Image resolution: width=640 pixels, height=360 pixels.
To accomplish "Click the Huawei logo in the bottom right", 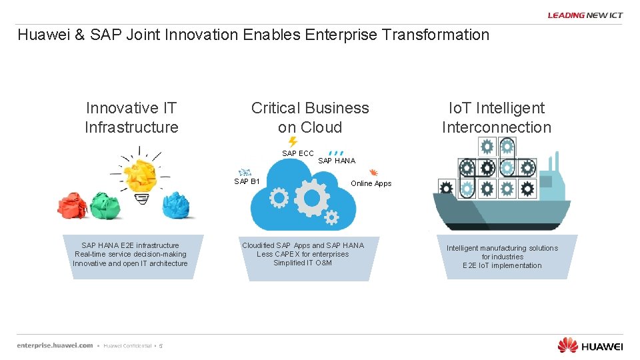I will pos(590,345).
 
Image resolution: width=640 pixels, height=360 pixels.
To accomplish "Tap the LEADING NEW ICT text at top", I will pos(585,15).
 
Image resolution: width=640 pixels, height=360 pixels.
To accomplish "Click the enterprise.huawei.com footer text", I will pos(55,345).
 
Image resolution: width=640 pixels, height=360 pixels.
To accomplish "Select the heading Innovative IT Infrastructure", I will pos(131,117).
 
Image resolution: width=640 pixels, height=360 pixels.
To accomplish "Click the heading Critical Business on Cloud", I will pos(310,117).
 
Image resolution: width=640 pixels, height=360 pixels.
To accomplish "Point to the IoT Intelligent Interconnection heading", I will pos(497,117).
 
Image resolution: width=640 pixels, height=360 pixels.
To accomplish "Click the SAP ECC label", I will pos(297,153).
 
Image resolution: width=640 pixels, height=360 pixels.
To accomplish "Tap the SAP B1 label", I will pos(247,181).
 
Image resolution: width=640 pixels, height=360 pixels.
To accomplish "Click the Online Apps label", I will pos(371,183).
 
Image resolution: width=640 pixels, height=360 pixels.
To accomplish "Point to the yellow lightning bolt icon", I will pos(292,141).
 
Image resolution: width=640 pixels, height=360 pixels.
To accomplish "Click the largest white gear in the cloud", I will pos(311,197).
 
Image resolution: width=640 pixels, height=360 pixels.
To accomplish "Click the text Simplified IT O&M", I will pos(303,263).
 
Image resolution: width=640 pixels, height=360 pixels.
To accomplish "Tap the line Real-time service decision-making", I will pos(131,254).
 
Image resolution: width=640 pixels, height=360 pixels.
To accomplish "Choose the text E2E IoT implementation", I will pos(502,265).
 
